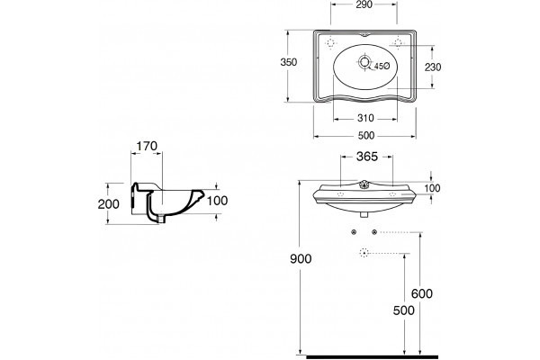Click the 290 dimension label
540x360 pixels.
click(364, 4)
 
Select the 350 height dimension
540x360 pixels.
click(289, 62)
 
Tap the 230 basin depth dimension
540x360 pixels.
click(433, 67)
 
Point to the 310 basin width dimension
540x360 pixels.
click(365, 119)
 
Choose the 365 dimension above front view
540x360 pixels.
click(367, 157)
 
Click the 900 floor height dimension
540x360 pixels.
click(301, 258)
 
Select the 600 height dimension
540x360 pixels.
click(422, 294)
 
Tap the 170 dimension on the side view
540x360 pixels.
click(147, 147)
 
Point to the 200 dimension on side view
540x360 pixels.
click(109, 204)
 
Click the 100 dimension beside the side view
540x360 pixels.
click(217, 201)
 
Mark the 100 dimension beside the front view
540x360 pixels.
click(432, 188)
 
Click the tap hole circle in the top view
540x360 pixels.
click(364, 62)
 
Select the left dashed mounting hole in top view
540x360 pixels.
click(330, 42)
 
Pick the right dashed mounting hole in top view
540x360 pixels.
click(398, 42)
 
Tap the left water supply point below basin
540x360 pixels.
click(354, 232)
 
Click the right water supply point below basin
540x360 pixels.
click(374, 232)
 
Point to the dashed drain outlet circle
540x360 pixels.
click(364, 253)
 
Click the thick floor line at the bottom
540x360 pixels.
click(372, 357)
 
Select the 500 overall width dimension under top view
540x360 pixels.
click(365, 136)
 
